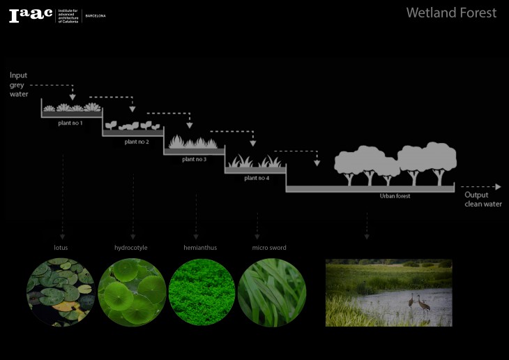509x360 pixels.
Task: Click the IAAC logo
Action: click(31, 15)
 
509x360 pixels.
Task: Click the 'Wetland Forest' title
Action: click(451, 13)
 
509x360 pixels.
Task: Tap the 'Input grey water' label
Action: click(19, 84)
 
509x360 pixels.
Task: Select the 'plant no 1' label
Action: click(70, 123)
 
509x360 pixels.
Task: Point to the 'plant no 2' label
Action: click(137, 142)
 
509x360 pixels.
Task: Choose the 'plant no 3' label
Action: click(194, 160)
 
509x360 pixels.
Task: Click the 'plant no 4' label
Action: click(257, 178)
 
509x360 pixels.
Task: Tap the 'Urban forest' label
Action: click(395, 196)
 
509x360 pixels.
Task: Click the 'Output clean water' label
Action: click(483, 200)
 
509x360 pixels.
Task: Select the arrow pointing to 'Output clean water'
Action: click(481, 187)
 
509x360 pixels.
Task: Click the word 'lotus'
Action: click(61, 248)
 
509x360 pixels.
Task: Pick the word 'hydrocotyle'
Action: click(131, 248)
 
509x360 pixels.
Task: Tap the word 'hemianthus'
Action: click(200, 248)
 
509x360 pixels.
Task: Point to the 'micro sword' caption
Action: click(269, 248)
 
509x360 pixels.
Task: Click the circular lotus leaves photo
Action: click(61, 292)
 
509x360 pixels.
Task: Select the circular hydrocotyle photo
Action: click(132, 292)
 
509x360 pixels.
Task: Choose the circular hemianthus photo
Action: click(202, 292)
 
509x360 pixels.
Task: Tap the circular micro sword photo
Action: click(272, 292)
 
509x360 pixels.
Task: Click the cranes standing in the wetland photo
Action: click(418, 302)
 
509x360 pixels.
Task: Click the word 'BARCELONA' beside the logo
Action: click(96, 15)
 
